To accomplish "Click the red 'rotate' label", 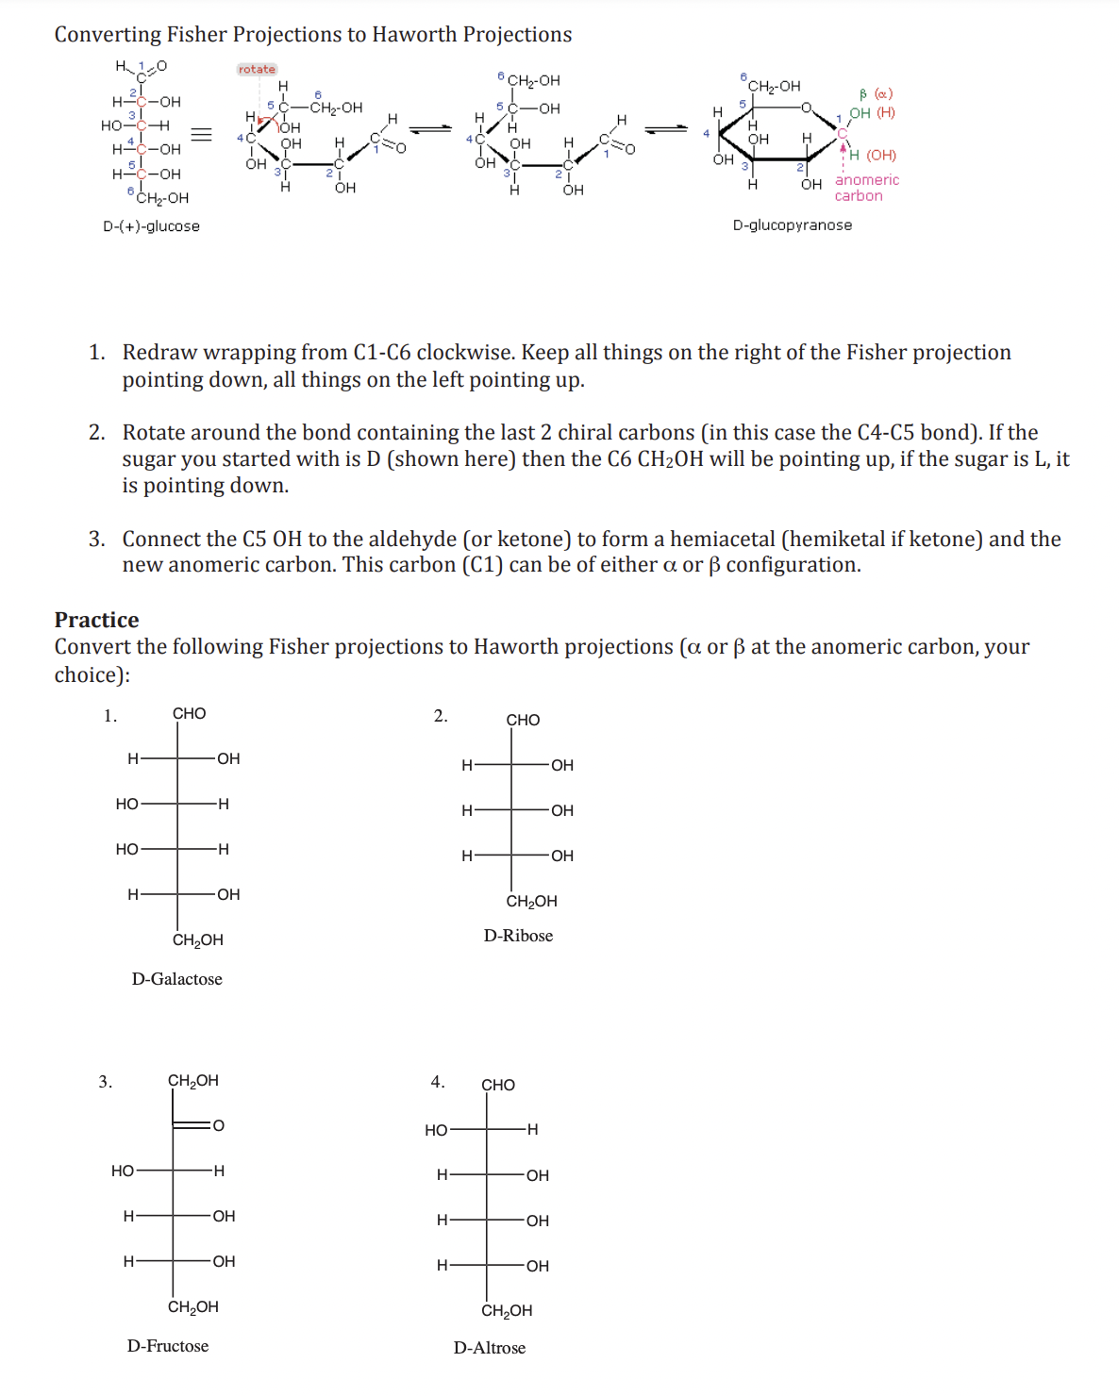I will pyautogui.click(x=257, y=69).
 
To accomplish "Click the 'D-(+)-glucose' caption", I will pyautogui.click(x=151, y=226).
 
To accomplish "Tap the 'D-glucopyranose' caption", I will pyautogui.click(x=793, y=225).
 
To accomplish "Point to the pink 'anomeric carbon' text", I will pyautogui.click(x=866, y=188).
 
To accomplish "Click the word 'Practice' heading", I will pyautogui.click(x=96, y=620).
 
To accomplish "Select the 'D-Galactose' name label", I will pyautogui.click(x=177, y=979).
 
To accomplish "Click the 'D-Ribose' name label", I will pyautogui.click(x=518, y=936).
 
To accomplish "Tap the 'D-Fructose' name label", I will pyautogui.click(x=168, y=1346).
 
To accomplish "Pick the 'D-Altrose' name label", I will pyautogui.click(x=490, y=1348).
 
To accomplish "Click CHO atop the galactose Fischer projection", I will pyautogui.click(x=189, y=714).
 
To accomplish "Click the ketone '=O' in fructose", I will pyautogui.click(x=214, y=1125).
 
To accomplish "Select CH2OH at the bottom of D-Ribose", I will pyautogui.click(x=531, y=902).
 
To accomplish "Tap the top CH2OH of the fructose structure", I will pyautogui.click(x=192, y=1081).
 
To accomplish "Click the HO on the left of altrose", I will pyautogui.click(x=436, y=1130).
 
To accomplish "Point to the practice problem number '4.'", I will pyautogui.click(x=438, y=1082).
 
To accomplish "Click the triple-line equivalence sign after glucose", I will pyautogui.click(x=201, y=134).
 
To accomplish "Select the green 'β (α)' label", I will pyautogui.click(x=876, y=93).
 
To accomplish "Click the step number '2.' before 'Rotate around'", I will pyautogui.click(x=97, y=433).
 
